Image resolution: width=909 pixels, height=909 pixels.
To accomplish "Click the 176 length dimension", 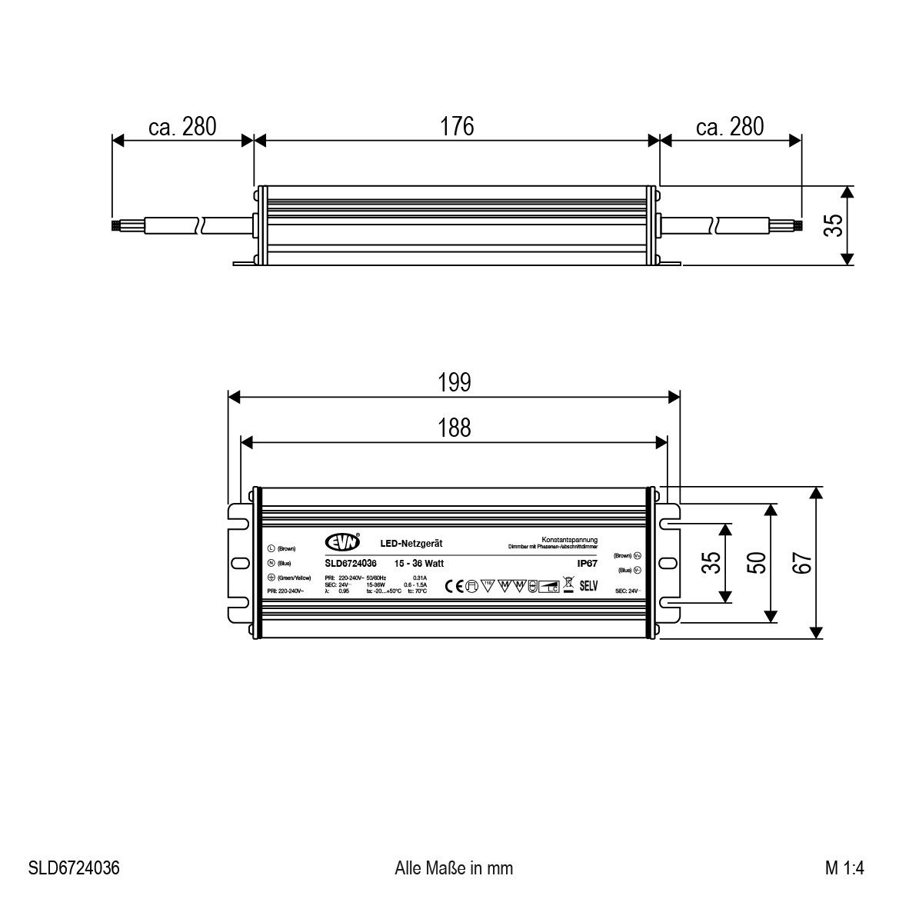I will pos(457,126).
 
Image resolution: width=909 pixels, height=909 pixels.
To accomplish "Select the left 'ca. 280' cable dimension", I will pos(182,126).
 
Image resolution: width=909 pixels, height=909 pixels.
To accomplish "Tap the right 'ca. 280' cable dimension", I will pos(730,126).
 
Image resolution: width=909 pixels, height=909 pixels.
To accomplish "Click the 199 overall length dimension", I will pos(454,382).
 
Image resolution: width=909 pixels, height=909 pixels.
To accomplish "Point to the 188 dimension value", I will pos(454,428).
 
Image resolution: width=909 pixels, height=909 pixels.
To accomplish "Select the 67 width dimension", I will pos(803,563).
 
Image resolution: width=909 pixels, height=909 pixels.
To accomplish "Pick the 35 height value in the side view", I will pos(834,225).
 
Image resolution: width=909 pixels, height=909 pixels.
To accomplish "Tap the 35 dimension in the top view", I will pos(712,563).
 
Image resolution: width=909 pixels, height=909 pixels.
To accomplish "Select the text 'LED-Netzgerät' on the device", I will pos(411,543).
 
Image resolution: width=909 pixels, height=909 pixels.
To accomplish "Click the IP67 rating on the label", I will pos(587,563).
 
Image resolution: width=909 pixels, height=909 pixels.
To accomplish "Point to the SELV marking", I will pos(588,585).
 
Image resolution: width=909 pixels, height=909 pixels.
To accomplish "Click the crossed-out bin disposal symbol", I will pos(568,584).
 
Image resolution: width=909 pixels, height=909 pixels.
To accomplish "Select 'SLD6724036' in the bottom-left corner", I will pos(74,868).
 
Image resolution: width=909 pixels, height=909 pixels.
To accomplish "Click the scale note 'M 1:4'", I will pos(844,868).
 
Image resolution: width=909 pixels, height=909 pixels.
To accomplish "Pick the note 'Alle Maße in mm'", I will pos(454,868).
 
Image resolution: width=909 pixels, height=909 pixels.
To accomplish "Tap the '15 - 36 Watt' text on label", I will pos(418,563).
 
